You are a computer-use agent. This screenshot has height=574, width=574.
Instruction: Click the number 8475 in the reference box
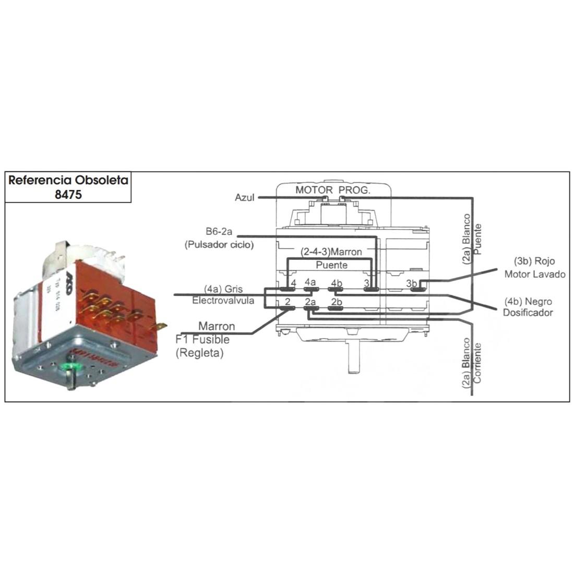pos(68,194)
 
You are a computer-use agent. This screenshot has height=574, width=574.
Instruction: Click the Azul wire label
pos(244,198)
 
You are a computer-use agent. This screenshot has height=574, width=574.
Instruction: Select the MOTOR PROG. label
pos(332,190)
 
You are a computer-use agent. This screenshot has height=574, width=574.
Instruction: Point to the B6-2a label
pos(220,231)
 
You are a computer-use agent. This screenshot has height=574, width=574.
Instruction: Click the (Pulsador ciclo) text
pos(219,244)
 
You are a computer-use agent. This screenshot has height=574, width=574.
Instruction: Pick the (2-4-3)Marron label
pos(331,252)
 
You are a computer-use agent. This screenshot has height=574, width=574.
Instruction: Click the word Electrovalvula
pos(223,301)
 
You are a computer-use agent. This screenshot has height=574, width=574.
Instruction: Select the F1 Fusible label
pos(202,340)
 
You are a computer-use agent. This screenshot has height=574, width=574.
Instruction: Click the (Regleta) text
pos(199,353)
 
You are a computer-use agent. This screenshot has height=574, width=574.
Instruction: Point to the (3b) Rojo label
pos(534,261)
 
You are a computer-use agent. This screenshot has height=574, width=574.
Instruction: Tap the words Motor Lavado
pos(534,274)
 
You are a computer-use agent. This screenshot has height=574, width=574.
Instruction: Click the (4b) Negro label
pos(528,302)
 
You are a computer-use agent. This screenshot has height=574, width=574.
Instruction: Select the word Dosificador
pos(528,313)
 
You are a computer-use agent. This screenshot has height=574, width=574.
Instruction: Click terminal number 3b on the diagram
pos(412,283)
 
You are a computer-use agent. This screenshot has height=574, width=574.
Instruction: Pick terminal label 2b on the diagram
pos(337,302)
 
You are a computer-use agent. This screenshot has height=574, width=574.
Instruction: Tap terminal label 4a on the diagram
pos(310,282)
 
